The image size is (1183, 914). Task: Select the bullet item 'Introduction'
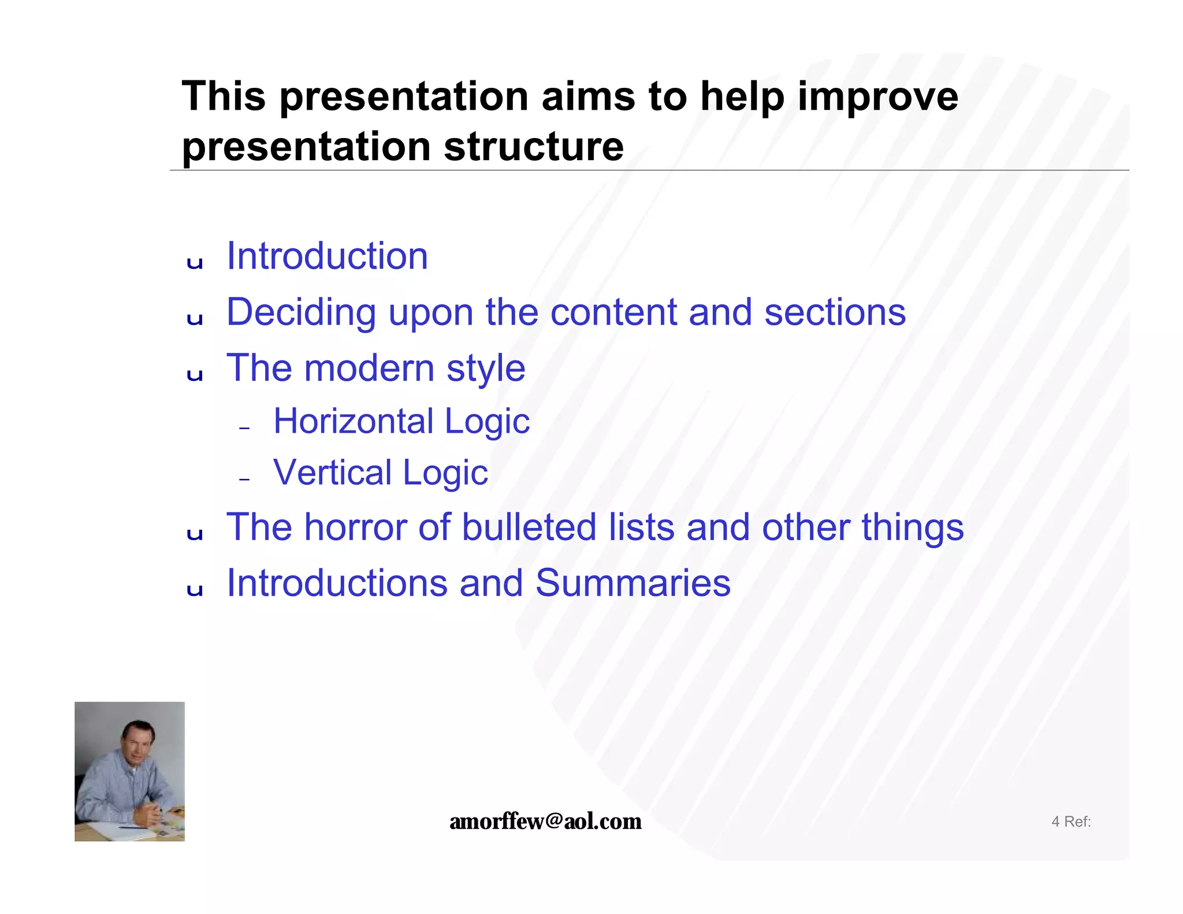[x=327, y=256]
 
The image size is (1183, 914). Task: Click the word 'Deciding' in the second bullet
[x=301, y=313]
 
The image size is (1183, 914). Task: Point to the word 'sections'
[x=835, y=313]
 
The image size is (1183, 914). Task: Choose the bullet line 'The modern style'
[x=375, y=368]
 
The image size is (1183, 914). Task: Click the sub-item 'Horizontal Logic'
[x=401, y=421]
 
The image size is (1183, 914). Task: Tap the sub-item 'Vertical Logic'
[x=380, y=473]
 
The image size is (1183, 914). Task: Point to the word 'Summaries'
[x=633, y=584]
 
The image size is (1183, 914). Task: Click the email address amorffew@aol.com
[x=545, y=821]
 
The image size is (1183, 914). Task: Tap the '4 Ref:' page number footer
[x=1070, y=822]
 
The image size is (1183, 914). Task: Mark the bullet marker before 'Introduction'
[x=195, y=263]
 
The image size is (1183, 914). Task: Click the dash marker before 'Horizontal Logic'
[x=244, y=428]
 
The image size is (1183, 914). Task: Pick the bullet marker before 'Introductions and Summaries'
[x=195, y=590]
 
